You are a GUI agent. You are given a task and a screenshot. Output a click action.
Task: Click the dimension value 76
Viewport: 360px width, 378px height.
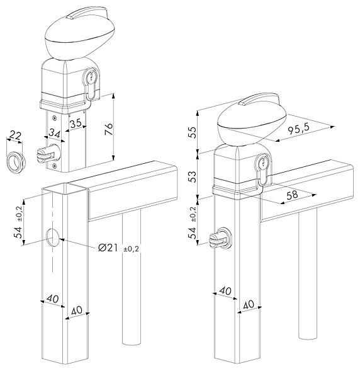pyautogui.click(x=109, y=129)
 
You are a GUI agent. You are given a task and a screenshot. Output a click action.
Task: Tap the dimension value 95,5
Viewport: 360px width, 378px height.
pyautogui.click(x=299, y=130)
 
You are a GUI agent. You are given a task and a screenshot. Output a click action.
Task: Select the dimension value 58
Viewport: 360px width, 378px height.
pyautogui.click(x=292, y=195)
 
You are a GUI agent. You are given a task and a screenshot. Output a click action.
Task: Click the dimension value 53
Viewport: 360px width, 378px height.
pyautogui.click(x=193, y=176)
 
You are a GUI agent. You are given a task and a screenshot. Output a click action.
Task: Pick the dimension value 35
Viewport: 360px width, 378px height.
pyautogui.click(x=76, y=123)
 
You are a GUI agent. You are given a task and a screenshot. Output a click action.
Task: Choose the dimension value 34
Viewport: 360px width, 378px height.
pyautogui.click(x=54, y=133)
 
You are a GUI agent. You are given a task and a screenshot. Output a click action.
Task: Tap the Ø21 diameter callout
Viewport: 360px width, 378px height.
pyautogui.click(x=108, y=248)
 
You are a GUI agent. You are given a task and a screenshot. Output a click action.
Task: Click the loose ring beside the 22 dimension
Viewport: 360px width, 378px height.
pyautogui.click(x=16, y=163)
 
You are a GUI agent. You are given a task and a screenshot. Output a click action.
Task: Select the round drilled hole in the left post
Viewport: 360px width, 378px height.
pyautogui.click(x=53, y=238)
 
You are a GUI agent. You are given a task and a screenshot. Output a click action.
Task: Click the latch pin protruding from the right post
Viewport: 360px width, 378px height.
pyautogui.click(x=220, y=238)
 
